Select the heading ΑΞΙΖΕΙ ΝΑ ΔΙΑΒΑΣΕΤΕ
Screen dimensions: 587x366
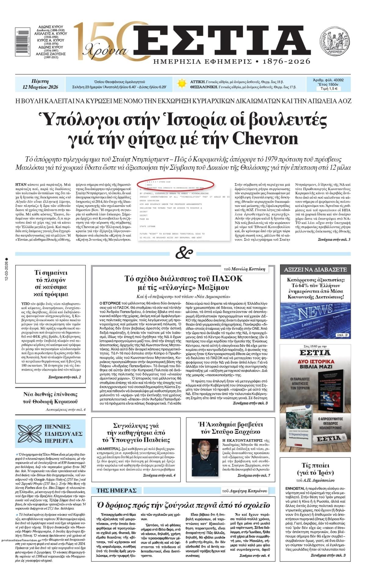coord(315,269)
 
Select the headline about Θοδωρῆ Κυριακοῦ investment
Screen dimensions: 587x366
coord(51,398)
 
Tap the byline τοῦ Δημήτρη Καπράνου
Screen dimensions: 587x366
coord(244,491)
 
